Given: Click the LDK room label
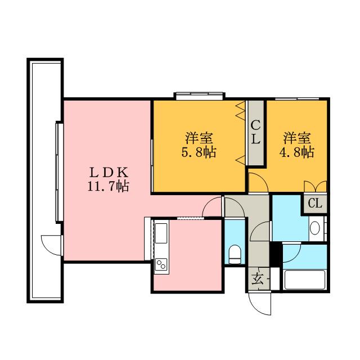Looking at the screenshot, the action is [109, 172].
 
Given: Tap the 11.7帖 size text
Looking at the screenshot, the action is [109, 186].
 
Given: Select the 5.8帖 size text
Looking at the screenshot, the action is [199, 152].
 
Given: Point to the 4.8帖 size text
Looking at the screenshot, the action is [296, 152].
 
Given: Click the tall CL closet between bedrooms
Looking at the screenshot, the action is [255, 133].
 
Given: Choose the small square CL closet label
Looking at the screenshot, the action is [315, 204].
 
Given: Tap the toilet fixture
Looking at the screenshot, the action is [235, 254].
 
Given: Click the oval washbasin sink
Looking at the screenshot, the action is [314, 228].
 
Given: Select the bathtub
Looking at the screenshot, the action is [305, 280].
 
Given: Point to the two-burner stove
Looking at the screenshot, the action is [161, 264].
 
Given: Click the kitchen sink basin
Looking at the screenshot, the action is [161, 233].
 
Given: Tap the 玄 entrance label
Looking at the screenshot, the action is [257, 279].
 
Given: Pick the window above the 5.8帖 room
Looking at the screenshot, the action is [199, 96].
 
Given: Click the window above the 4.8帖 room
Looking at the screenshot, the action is [297, 99].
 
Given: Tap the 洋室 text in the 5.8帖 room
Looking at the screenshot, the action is [199, 138].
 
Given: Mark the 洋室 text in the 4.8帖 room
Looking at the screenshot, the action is [297, 138].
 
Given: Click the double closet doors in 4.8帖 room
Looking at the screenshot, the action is [315, 186].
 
